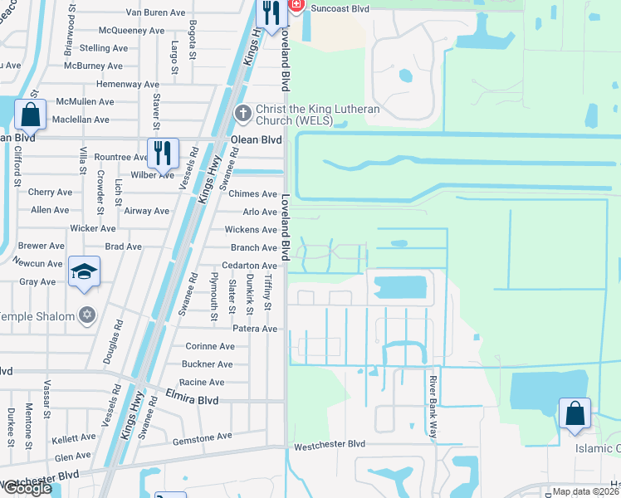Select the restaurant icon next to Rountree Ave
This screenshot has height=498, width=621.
(x=162, y=153)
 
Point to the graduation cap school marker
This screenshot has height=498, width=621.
(x=85, y=272)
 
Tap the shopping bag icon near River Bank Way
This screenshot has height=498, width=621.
(x=575, y=413)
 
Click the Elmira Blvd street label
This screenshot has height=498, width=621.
(x=192, y=399)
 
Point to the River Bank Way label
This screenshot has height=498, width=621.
(x=433, y=407)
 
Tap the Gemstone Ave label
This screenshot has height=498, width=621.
(x=202, y=437)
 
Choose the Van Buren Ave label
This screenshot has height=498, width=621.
(x=155, y=12)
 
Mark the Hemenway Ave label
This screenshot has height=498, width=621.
(x=128, y=84)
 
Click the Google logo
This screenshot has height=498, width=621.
(x=27, y=488)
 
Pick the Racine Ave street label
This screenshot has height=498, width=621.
(x=202, y=382)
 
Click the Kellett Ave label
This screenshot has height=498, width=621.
(x=74, y=437)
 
